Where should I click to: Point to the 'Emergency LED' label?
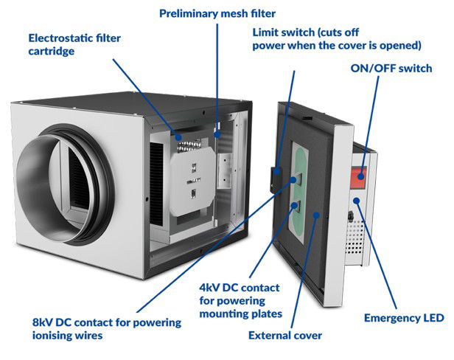(x=404, y=318)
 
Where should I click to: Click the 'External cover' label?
(x=285, y=335)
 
